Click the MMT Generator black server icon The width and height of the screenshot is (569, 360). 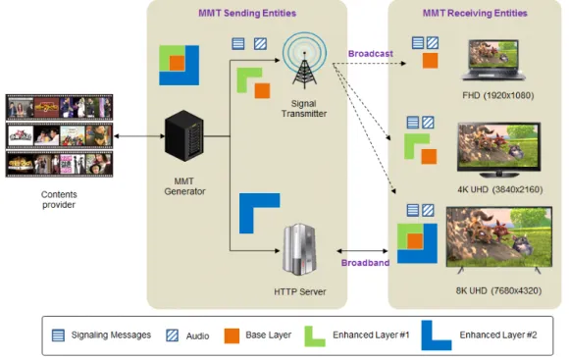(184, 135)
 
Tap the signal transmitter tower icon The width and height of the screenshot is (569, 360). (304, 61)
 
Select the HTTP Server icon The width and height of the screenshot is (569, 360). (300, 250)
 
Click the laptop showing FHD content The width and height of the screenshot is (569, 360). (493, 60)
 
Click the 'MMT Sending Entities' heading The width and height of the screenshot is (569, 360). (247, 14)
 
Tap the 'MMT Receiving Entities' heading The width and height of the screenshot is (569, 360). (475, 14)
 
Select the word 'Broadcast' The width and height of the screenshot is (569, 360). (371, 54)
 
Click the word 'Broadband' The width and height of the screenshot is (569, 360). (365, 263)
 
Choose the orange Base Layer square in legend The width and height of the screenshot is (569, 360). (232, 335)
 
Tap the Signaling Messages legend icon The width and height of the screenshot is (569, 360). (58, 335)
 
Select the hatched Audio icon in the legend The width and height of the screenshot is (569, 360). (172, 335)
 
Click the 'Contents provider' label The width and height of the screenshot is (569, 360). (59, 199)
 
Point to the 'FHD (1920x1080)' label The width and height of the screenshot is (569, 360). (498, 95)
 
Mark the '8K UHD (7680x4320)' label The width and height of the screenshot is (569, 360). (498, 290)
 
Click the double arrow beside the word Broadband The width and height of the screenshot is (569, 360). (362, 251)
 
